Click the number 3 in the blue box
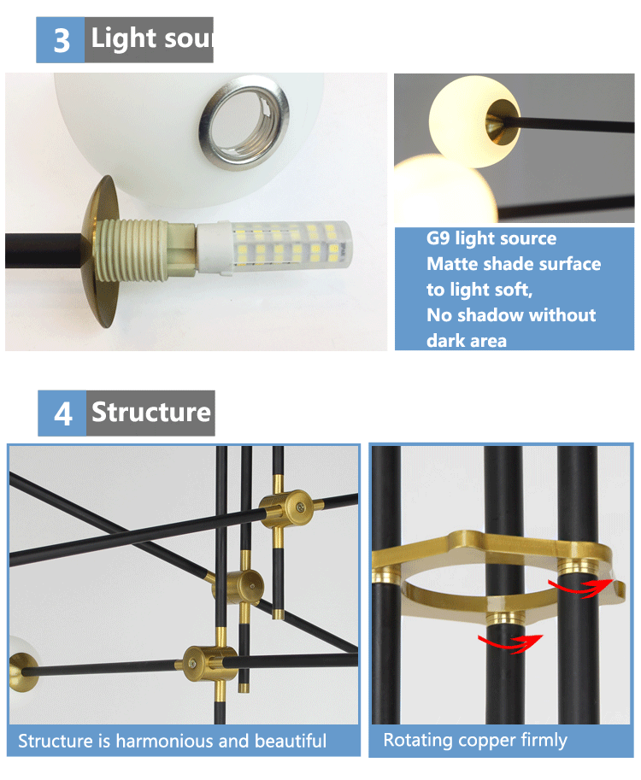coord(62,40)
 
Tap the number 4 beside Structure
coord(63,413)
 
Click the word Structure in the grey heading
coord(151,412)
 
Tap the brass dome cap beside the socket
coord(101,251)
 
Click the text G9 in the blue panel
coord(438,238)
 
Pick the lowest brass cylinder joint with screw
coord(209,663)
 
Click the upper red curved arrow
coord(580,588)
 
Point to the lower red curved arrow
coord(510,643)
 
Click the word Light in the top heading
coord(124,38)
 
